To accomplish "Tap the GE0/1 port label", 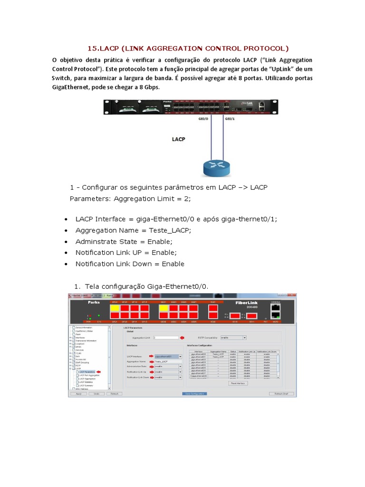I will pyautogui.click(x=230, y=119).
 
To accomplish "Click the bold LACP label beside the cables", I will pyautogui.click(x=178, y=139).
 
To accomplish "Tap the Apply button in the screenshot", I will pyautogui.click(x=79, y=394).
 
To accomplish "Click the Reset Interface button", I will pyautogui.click(x=238, y=383).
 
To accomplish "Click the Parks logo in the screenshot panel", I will pyautogui.click(x=80, y=302).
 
